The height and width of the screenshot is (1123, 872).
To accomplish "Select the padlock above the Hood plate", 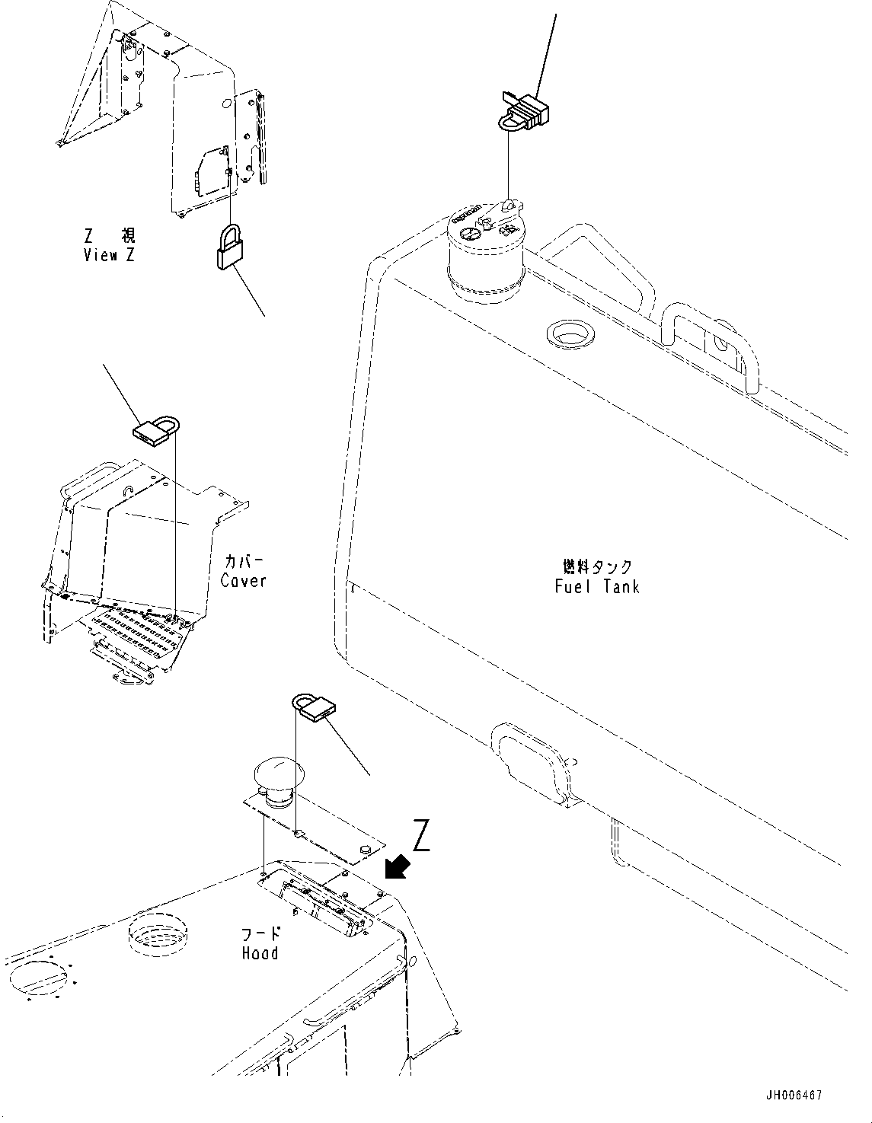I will [x=315, y=706].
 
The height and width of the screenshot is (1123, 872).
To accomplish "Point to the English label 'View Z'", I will [x=109, y=255].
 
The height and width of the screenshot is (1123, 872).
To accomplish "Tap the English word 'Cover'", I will [x=244, y=580].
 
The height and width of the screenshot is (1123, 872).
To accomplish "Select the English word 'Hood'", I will [x=260, y=952].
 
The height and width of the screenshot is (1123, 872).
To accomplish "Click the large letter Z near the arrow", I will [x=422, y=837].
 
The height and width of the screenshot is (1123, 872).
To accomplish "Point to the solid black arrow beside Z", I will [x=398, y=866].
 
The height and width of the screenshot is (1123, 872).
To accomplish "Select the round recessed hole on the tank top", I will [x=569, y=333].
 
